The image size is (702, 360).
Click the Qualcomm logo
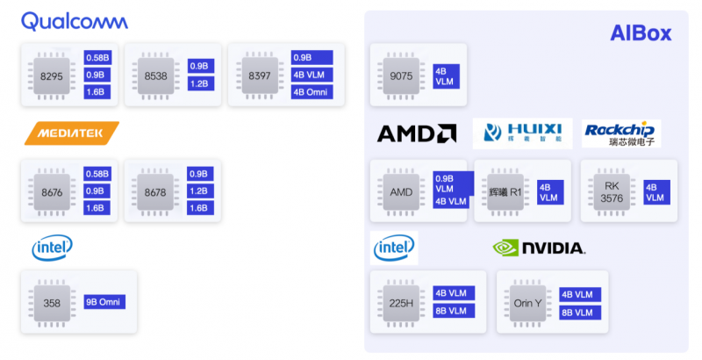pyautogui.click(x=74, y=21)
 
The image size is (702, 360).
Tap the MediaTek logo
pyautogui.click(x=71, y=133)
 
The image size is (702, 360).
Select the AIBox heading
pyautogui.click(x=641, y=33)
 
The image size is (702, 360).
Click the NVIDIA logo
pyautogui.click(x=539, y=248)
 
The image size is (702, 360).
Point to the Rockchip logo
pyautogui.click(x=621, y=133)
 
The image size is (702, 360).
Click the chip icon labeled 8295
pyautogui.click(x=52, y=76)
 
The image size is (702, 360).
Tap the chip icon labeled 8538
pyautogui.click(x=156, y=76)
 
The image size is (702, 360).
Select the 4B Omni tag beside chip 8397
pyautogui.click(x=312, y=92)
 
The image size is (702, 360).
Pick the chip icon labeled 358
pyautogui.click(x=52, y=303)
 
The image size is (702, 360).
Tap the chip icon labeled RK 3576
pyautogui.click(x=612, y=192)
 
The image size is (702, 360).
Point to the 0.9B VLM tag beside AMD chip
pyautogui.click(x=452, y=183)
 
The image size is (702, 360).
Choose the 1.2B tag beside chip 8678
pyautogui.click(x=198, y=191)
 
